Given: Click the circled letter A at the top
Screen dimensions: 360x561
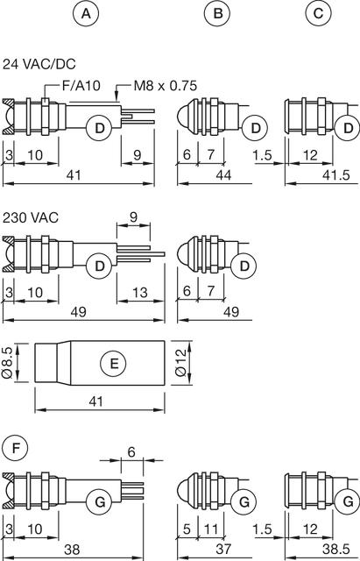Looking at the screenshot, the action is coord(86,14).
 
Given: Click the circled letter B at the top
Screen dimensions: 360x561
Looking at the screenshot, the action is coord(217,14).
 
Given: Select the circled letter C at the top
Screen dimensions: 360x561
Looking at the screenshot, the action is coord(318,14).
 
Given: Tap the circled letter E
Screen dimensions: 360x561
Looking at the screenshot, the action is coord(114,364).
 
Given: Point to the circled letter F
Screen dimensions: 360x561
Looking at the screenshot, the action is coord(15,448).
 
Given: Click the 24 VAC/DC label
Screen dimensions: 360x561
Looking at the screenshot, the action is coord(39,64).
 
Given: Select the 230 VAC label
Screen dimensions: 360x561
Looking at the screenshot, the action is coord(31,217).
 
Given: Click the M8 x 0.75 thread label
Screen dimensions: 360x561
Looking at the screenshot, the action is coord(166,86).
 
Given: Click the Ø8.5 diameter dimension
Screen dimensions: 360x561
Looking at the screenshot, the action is coord(7,362).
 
